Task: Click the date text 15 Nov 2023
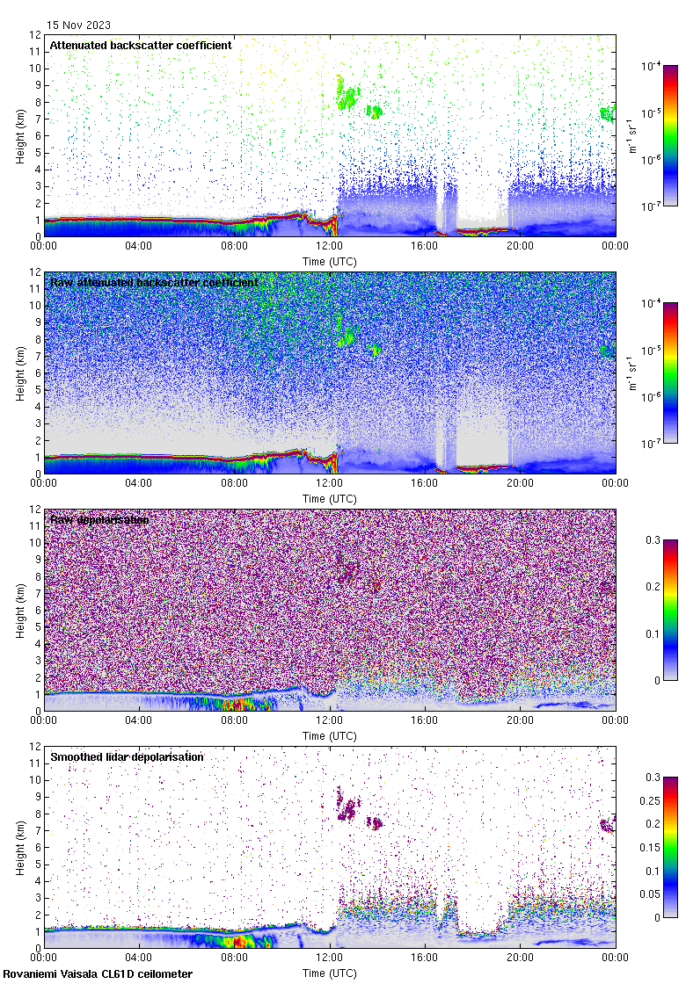click(x=79, y=25)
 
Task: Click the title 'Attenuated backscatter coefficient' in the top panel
click(x=141, y=45)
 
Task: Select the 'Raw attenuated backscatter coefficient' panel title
click(x=154, y=282)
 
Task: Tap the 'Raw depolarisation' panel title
click(x=99, y=519)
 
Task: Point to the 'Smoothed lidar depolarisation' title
click(x=127, y=756)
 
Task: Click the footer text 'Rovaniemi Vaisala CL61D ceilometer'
click(x=98, y=973)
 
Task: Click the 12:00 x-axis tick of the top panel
click(x=330, y=246)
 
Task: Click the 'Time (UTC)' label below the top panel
click(x=330, y=261)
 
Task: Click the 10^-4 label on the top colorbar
click(x=652, y=66)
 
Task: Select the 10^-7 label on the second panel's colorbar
click(x=652, y=444)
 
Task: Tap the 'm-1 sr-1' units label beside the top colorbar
click(x=632, y=135)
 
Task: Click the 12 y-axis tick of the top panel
click(x=35, y=36)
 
